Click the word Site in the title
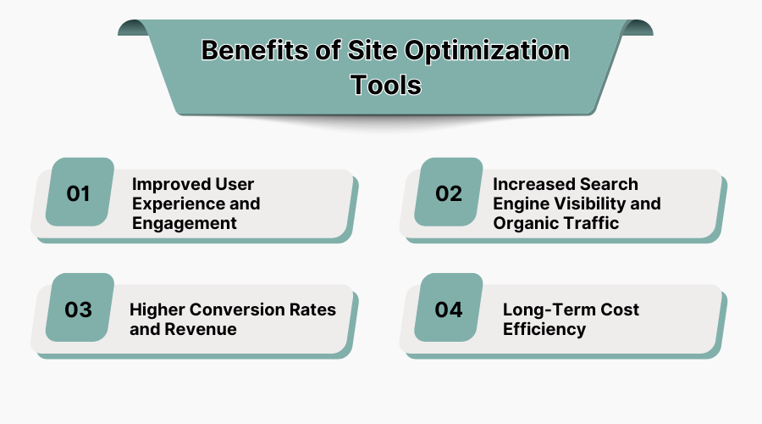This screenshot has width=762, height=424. pyautogui.click(x=367, y=51)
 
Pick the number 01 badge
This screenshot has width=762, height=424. pyautogui.click(x=79, y=193)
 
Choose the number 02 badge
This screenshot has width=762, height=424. pyautogui.click(x=450, y=193)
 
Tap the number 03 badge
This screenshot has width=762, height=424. pyautogui.click(x=79, y=310)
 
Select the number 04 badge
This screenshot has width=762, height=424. pyautogui.click(x=450, y=310)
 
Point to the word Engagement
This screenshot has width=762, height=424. pyautogui.click(x=184, y=223)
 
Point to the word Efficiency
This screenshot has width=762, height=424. pyautogui.click(x=544, y=329)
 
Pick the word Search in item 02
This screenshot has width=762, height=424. pyautogui.click(x=609, y=184)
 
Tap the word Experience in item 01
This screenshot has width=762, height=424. pyautogui.click(x=173, y=204)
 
